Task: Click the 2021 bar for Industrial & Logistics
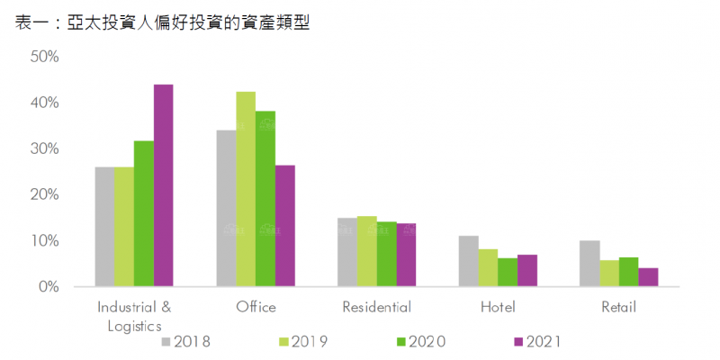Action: [163, 185]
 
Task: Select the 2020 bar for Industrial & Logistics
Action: [144, 213]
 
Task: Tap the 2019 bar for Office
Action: [246, 189]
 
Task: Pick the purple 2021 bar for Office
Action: [284, 226]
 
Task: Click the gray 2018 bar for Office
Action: [227, 208]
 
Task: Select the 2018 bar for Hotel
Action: [468, 261]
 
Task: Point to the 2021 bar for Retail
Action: [648, 277]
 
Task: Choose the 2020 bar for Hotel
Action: [508, 272]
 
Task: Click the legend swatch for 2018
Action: [166, 341]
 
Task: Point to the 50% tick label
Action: [44, 57]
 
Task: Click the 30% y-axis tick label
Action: [44, 148]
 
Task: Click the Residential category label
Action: [376, 308]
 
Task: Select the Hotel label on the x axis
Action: [498, 308]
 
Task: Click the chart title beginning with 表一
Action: [163, 23]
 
